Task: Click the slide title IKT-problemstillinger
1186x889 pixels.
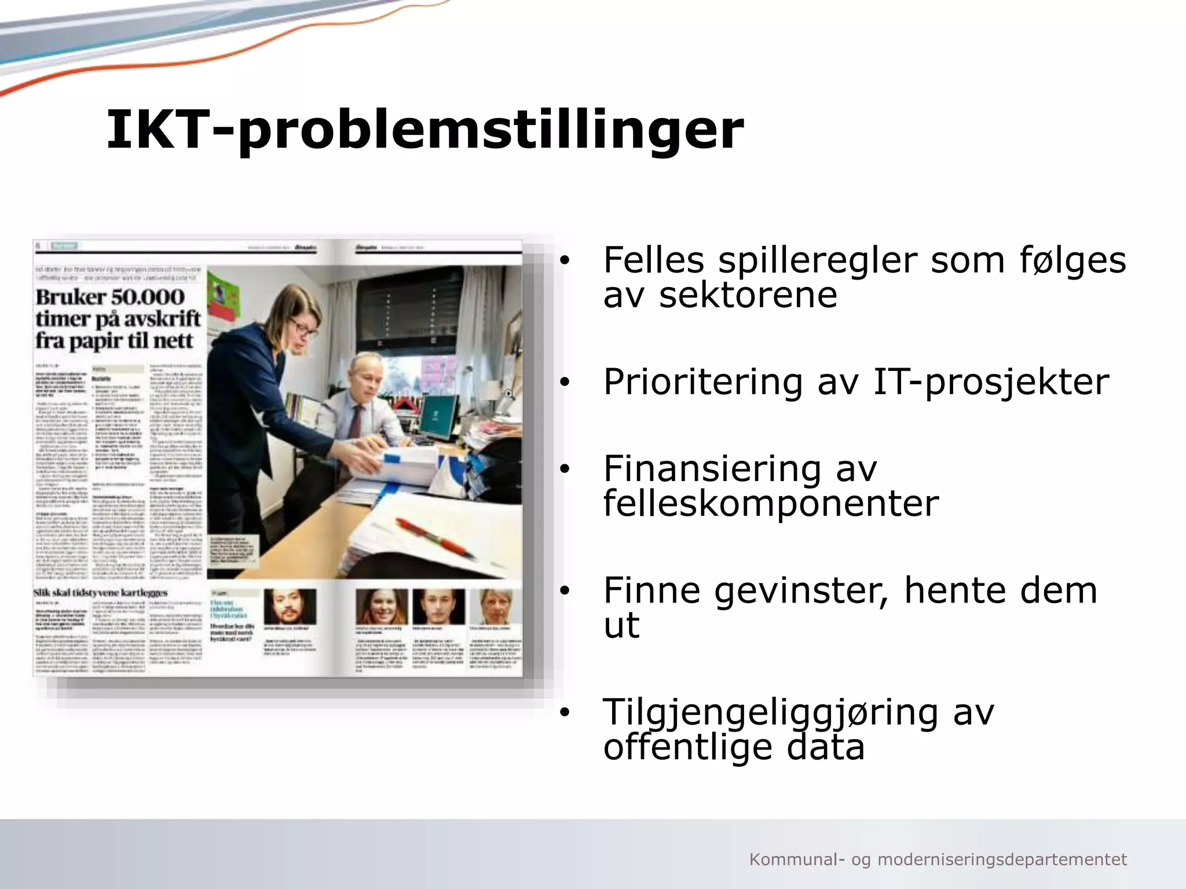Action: (x=424, y=130)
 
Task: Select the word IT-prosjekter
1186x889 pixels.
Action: (x=990, y=382)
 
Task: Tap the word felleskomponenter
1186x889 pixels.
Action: (x=770, y=504)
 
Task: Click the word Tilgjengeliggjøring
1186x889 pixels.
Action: (x=770, y=713)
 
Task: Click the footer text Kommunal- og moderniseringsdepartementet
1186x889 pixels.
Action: (x=938, y=859)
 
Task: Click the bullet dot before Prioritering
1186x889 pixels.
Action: (x=565, y=383)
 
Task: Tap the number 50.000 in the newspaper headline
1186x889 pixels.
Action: (x=147, y=297)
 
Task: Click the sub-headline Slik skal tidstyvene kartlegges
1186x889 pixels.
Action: (x=101, y=593)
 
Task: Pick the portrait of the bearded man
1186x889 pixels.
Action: (x=290, y=607)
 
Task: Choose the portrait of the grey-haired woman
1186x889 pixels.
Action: (x=496, y=607)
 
